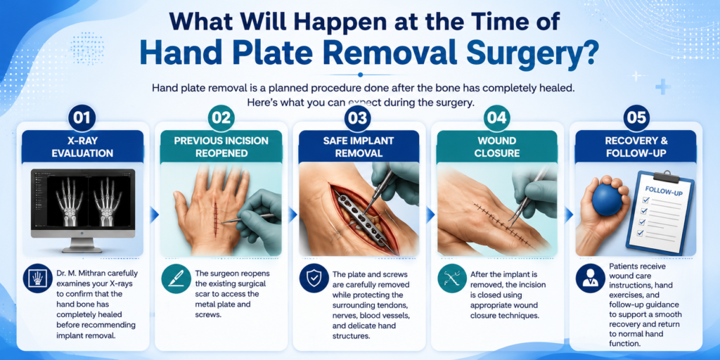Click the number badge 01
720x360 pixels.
point(82,118)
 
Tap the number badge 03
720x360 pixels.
point(359,118)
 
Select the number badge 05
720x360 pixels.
point(636,118)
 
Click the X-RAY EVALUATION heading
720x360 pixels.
point(83,147)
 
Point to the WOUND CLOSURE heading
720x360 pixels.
point(497,147)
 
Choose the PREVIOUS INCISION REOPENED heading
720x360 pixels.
point(221,147)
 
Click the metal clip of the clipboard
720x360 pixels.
point(664,176)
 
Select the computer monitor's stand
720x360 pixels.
point(83,245)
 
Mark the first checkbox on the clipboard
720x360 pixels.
point(643,200)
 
